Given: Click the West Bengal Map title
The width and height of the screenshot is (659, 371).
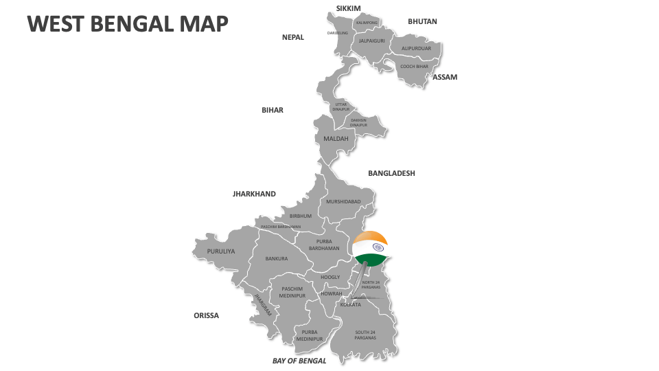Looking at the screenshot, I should tap(127, 23).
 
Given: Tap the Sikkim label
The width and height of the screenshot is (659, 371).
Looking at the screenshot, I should tap(348, 8).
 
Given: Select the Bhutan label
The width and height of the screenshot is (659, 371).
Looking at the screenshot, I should tap(422, 21).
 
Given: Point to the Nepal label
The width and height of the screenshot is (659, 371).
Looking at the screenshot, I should tap(293, 37).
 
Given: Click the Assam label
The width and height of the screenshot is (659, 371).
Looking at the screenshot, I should tap(445, 77).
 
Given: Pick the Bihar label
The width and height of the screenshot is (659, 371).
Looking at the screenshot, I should tap(273, 110).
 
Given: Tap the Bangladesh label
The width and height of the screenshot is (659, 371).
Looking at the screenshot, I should tap(391, 173).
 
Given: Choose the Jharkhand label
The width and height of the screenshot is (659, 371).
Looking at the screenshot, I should tap(254, 194).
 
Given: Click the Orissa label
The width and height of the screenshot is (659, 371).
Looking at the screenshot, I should tap(206, 315).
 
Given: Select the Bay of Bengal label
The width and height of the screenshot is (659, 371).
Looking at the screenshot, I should tap(299, 360).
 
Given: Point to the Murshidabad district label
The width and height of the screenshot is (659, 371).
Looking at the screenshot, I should tap(343, 201).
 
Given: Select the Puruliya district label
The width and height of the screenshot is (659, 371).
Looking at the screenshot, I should tap(221, 251).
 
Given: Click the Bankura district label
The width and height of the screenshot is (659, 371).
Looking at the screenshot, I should tap(277, 259).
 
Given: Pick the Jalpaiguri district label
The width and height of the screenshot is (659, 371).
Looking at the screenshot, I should tap(372, 41).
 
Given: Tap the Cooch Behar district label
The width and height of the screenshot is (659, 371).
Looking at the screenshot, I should tap(414, 67).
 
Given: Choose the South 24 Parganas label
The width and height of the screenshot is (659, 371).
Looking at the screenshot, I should tap(365, 335).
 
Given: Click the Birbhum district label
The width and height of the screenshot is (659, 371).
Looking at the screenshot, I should tap(301, 216).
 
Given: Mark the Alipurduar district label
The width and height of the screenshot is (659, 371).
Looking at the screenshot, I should tap(416, 48).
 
